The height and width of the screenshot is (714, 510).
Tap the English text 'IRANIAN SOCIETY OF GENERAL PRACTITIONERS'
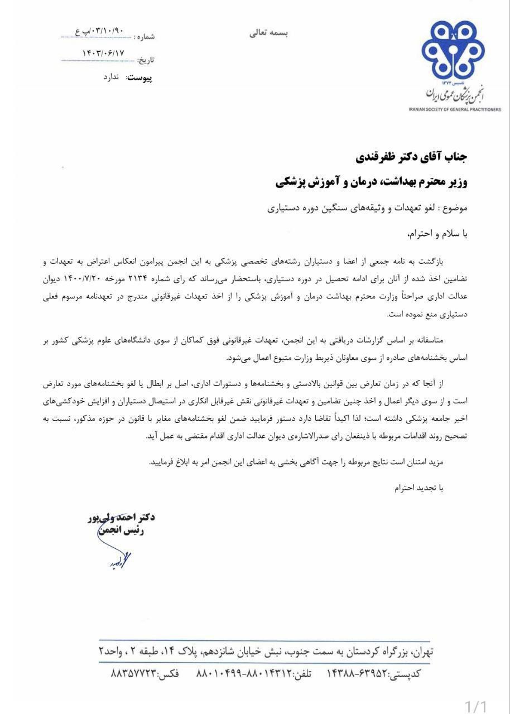coord(455,109)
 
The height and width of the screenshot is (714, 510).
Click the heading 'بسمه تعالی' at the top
coord(268,33)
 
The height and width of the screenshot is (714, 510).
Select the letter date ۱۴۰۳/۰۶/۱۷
coord(103,54)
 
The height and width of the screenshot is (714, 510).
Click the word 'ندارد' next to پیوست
coord(111,77)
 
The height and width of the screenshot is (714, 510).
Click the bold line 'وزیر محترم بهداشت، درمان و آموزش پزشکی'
coord(372,182)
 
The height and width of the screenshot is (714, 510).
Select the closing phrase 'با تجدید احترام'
coord(418,488)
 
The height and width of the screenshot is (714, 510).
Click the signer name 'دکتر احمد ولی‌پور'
coord(121,517)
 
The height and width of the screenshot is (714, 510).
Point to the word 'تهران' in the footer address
coord(421,652)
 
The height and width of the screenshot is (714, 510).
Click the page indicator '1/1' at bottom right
coord(476,706)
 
